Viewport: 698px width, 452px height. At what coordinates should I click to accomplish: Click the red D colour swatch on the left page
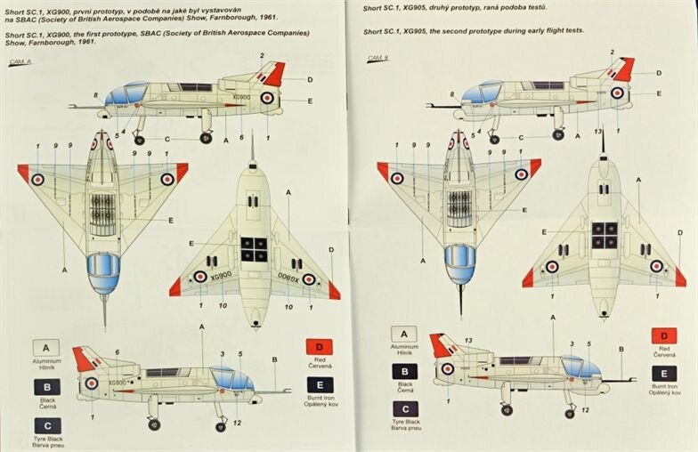[320, 347]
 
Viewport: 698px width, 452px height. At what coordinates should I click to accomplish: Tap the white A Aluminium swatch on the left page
[46, 348]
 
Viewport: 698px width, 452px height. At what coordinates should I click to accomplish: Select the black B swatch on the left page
[46, 387]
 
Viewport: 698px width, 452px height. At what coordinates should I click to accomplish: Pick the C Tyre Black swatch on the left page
[46, 425]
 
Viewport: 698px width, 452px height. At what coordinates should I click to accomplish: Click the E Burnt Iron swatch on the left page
[320, 384]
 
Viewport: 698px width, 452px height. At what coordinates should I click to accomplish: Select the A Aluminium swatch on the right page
[404, 334]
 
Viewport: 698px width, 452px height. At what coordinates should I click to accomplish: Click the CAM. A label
[20, 62]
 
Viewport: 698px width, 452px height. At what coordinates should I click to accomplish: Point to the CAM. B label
[378, 61]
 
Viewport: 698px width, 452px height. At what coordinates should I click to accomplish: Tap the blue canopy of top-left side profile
[126, 93]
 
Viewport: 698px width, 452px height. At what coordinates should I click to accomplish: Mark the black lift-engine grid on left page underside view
[254, 249]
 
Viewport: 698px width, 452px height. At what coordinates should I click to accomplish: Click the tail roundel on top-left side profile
[267, 98]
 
